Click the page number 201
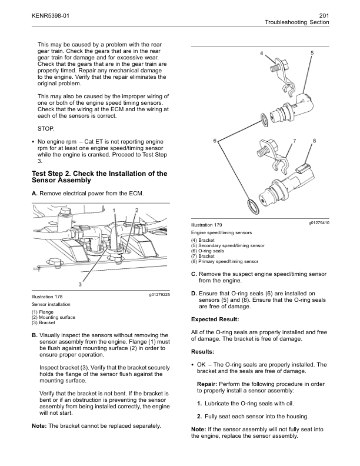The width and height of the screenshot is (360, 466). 323,15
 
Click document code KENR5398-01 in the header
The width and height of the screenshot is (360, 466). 51,15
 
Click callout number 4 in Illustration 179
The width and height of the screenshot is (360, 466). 261,54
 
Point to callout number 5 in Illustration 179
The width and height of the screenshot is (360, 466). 312,54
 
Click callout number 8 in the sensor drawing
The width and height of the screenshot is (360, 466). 315,141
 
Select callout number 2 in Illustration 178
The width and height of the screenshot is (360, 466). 136,210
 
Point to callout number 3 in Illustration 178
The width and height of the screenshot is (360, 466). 81,285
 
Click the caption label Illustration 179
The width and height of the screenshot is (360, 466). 206,226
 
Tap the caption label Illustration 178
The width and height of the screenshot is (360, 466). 47,297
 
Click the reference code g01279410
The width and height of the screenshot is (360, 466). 318,223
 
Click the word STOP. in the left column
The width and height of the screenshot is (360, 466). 45,128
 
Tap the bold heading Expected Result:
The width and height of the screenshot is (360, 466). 215,319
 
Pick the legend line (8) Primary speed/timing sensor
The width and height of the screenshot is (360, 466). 225,261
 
